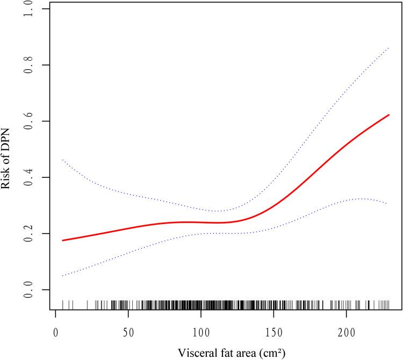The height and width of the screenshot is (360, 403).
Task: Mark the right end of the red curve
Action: pyautogui.click(x=388, y=115)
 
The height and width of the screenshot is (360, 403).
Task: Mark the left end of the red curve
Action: pyautogui.click(x=63, y=240)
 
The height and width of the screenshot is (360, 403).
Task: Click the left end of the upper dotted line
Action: pyautogui.click(x=63, y=160)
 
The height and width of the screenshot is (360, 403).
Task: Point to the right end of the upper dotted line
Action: pyautogui.click(x=388, y=48)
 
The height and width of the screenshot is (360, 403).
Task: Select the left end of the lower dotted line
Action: pyautogui.click(x=63, y=276)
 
